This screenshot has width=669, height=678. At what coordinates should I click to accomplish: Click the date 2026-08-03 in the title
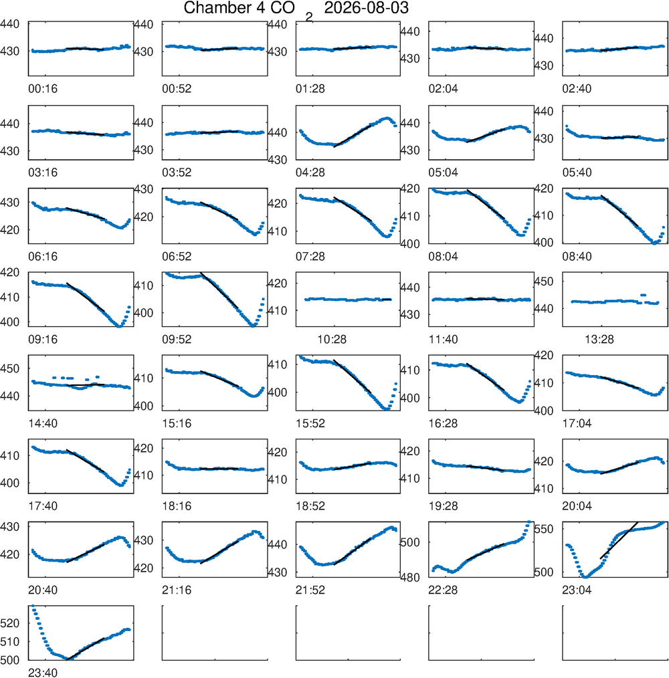366,8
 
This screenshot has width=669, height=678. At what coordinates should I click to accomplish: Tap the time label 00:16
43,89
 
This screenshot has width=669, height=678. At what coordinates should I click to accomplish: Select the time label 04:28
310,173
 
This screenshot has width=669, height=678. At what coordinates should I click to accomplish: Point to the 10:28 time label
332,340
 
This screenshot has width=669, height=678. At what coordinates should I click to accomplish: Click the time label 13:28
599,340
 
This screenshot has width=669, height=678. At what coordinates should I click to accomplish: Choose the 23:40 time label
43,673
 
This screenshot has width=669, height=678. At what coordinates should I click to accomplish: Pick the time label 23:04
577,590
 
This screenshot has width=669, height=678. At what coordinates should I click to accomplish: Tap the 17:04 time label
577,423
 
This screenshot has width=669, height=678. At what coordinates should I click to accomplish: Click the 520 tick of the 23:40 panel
9,623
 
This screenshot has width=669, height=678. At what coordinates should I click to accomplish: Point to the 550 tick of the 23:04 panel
544,529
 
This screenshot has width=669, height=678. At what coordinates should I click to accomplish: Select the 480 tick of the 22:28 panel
410,577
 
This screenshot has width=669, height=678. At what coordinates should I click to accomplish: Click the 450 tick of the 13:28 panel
544,281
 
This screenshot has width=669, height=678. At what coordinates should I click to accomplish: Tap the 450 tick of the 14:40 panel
9,369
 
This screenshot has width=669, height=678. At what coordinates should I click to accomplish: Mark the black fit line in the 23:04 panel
619,540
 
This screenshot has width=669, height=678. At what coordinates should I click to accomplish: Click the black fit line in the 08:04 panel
486,204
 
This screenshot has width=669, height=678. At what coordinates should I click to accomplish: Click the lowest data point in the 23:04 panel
585,576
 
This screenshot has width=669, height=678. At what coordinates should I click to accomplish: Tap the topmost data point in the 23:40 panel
33,607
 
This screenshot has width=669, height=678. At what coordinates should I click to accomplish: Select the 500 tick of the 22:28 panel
410,542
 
